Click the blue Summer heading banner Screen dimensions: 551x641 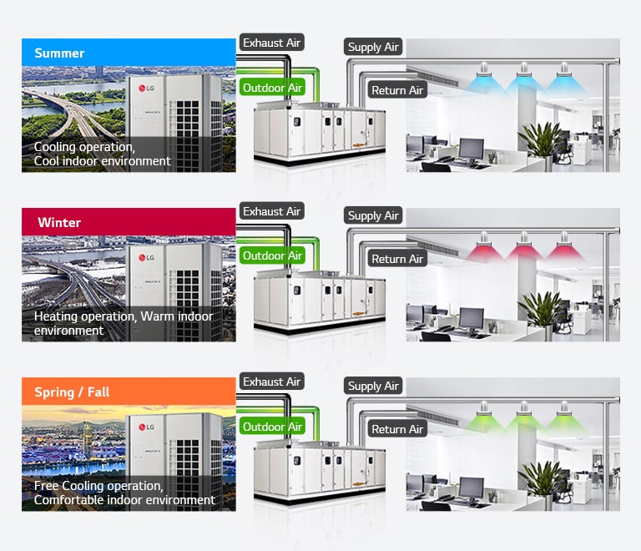(x=129, y=53)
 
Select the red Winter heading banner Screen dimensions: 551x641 (x=129, y=222)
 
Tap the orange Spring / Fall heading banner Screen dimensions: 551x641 (x=129, y=392)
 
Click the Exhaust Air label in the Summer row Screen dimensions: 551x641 (x=271, y=42)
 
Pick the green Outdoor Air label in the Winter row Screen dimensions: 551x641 (x=272, y=255)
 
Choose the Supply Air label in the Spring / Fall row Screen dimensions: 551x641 (x=373, y=386)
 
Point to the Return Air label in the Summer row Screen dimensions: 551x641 (x=397, y=90)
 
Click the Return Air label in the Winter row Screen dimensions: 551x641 (x=397, y=259)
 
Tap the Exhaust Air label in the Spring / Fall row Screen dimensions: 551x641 (x=271, y=382)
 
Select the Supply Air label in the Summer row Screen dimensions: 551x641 (x=373, y=47)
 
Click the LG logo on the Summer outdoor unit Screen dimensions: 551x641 (x=146, y=88)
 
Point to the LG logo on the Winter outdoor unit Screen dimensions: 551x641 (x=146, y=257)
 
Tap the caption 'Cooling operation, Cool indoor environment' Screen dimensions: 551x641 (x=102, y=154)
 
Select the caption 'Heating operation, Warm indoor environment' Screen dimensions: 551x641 (x=123, y=323)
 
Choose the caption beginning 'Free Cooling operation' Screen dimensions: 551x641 (x=124, y=493)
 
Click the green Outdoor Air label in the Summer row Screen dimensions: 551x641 (x=272, y=87)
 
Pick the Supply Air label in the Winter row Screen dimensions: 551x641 (x=373, y=215)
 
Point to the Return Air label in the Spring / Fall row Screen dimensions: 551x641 (x=397, y=429)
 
